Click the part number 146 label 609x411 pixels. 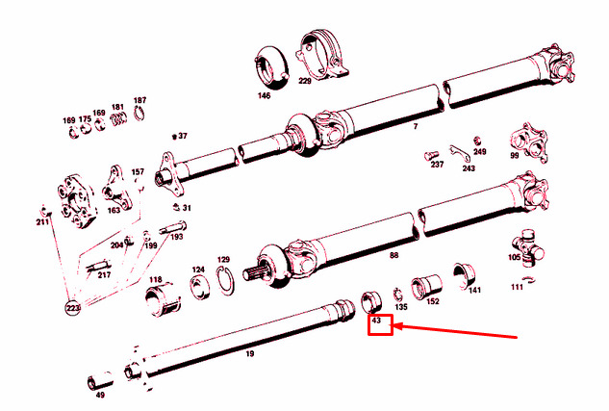264,95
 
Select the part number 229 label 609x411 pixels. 305,81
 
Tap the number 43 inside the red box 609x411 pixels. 376,321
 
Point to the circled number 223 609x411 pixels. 72,308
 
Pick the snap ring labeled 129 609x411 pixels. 225,280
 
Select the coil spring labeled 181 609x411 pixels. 117,119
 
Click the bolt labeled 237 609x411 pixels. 431,155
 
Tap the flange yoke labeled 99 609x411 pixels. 529,142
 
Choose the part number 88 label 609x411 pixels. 393,255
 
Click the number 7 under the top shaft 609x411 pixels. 416,127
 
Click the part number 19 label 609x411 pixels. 250,353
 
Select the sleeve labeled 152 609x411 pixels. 426,287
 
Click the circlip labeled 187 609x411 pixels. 140,113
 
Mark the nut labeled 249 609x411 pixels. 477,141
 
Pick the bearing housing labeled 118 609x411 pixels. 163,300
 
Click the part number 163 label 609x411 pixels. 114,210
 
